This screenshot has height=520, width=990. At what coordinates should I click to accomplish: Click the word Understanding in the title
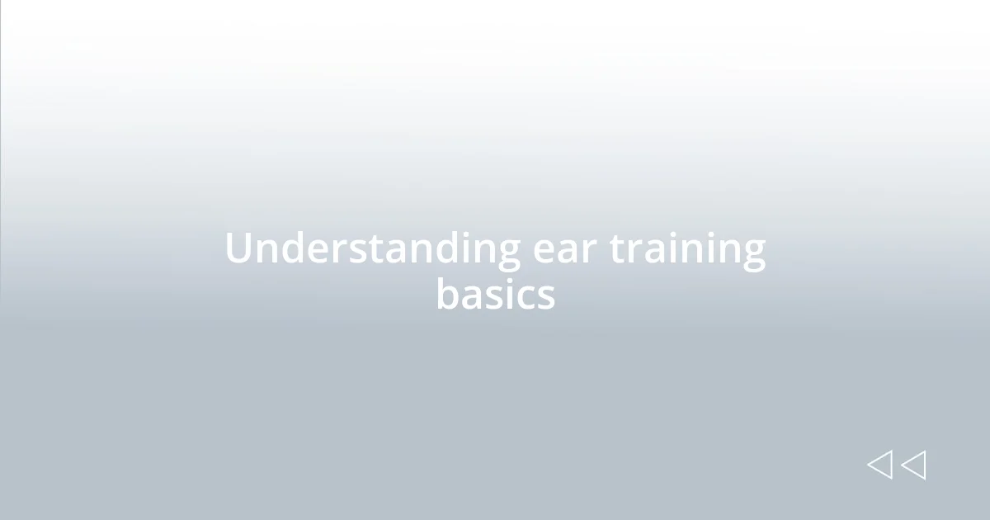pos(372,249)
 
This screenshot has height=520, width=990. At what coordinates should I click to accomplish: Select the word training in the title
pos(687,249)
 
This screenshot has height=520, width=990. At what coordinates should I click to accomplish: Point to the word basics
pos(495,295)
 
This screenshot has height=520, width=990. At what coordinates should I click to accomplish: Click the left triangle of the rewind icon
pos(879,465)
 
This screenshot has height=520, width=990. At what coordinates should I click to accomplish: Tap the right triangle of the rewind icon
pos(913,465)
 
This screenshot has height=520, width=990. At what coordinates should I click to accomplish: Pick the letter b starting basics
pos(447,293)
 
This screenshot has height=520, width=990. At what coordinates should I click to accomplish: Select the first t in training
pos(617,249)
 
